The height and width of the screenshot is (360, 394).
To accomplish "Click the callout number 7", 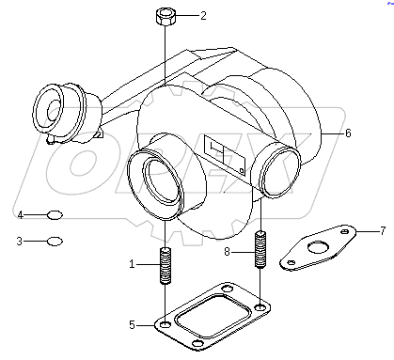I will pyautogui.click(x=356, y=229).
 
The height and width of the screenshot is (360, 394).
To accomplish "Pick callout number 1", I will pyautogui.click(x=133, y=264).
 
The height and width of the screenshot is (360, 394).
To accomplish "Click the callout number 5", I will pyautogui.click(x=133, y=325).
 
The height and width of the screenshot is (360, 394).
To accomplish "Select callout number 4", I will pyautogui.click(x=20, y=215).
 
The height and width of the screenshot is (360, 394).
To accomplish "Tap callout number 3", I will pyautogui.click(x=20, y=242).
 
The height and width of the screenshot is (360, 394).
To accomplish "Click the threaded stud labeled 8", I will pyautogui.click(x=260, y=254).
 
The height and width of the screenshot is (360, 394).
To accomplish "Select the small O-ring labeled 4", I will pyautogui.click(x=55, y=215).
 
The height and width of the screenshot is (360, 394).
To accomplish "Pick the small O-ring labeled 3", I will pyautogui.click(x=55, y=242).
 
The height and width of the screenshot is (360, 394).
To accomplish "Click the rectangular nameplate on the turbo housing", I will pyautogui.click(x=224, y=156).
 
